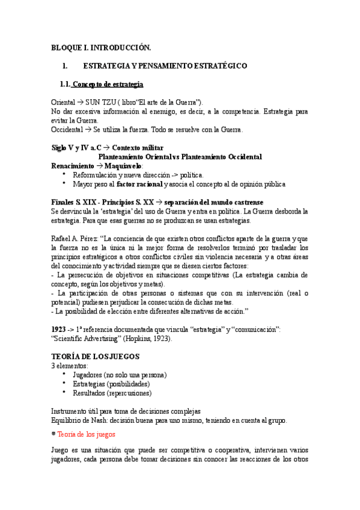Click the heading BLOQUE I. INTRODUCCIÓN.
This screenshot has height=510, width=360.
click(101, 47)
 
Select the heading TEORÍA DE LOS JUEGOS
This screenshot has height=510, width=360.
click(96, 357)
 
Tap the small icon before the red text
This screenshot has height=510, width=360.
click(53, 433)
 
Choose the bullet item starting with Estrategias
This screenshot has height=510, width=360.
click(111, 384)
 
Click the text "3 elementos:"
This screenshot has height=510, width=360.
click(70, 366)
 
